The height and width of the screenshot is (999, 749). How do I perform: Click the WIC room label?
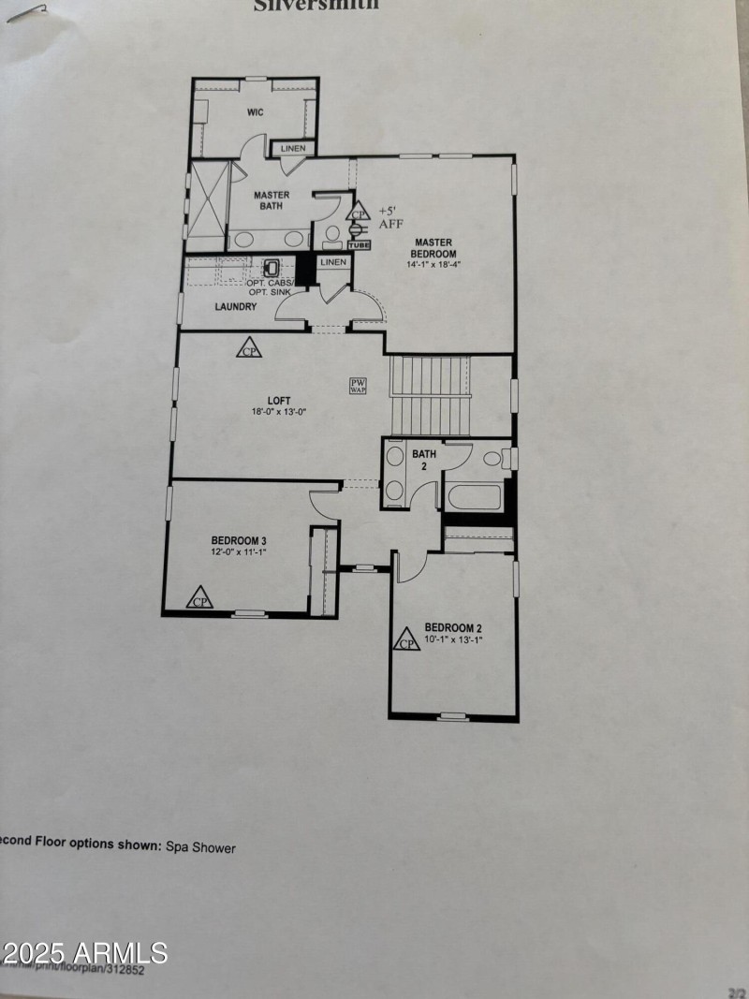coord(255,112)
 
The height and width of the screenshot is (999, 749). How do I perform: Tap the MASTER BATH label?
coord(272,201)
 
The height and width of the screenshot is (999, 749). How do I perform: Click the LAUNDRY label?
coord(236,306)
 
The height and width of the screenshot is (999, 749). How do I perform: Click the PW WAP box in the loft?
coord(358,386)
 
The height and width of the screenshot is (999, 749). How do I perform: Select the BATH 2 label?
coord(424,460)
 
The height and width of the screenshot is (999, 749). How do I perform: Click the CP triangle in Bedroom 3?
coord(198,598)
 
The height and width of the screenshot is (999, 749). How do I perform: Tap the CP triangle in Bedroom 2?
coord(407,640)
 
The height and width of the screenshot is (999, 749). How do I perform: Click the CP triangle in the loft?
coord(249,348)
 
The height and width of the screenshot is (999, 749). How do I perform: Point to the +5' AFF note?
coord(389,217)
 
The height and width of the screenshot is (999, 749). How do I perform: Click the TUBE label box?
coord(360,245)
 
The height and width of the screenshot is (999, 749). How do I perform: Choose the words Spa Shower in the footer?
coord(200,847)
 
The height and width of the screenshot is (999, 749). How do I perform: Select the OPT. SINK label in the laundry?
coord(271,292)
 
